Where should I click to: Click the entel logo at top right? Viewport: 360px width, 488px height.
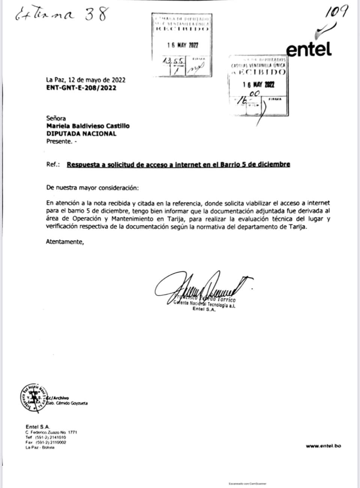pyautogui.click(x=309, y=49)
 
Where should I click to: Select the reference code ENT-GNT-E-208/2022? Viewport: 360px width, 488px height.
pyautogui.click(x=81, y=88)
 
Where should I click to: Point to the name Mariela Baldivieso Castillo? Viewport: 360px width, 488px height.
pyautogui.click(x=88, y=126)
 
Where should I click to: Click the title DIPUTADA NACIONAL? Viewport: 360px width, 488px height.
pyautogui.click(x=81, y=133)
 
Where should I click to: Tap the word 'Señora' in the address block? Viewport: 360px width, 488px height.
pyautogui.click(x=56, y=118)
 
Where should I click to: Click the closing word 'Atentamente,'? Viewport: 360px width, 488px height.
pyautogui.click(x=65, y=242)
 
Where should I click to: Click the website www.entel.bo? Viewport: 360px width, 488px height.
pyautogui.click(x=323, y=446)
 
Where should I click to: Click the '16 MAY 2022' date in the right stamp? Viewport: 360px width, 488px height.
pyautogui.click(x=259, y=84)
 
